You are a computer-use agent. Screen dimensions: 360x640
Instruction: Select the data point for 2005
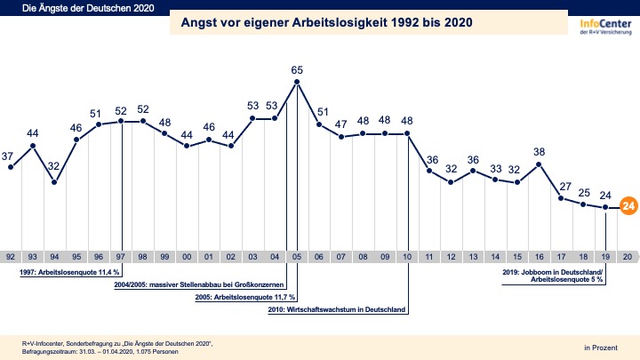(x=297, y=82)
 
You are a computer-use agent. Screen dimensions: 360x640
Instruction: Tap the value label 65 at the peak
(x=297, y=69)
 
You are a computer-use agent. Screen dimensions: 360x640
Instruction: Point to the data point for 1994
(x=54, y=182)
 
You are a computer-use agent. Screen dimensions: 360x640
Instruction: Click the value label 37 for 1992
(x=9, y=156)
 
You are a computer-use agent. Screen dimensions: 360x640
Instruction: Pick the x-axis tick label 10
(x=407, y=255)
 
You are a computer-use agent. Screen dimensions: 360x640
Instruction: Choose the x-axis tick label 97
(x=120, y=255)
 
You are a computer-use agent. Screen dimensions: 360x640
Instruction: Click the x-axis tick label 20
(x=628, y=255)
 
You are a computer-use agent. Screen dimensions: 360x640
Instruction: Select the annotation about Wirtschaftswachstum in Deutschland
(x=337, y=309)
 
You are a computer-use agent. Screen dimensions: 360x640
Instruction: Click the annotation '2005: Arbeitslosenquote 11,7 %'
(x=245, y=297)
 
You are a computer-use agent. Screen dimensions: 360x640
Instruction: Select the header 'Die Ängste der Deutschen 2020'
(x=63, y=9)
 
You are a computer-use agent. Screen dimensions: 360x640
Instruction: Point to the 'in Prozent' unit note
(x=600, y=346)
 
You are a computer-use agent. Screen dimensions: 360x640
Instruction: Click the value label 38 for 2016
(x=540, y=151)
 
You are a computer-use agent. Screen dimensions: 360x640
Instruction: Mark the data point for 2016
(x=540, y=164)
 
